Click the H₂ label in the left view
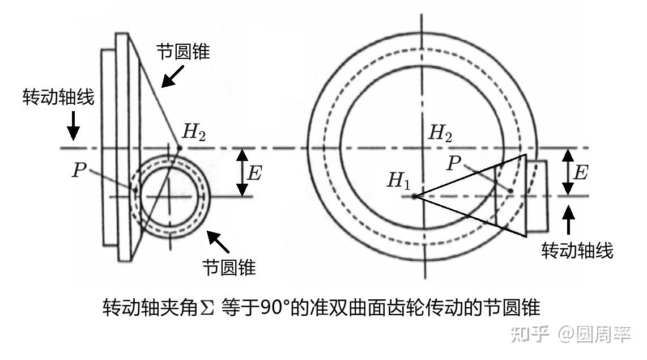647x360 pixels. click(194, 133)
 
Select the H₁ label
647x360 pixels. click(399, 181)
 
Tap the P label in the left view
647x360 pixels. click(78, 170)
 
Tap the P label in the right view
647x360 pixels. click(453, 163)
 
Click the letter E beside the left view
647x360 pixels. click(255, 173)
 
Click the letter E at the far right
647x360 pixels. click(580, 173)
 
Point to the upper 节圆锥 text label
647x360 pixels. click(183, 52)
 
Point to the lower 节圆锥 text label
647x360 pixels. click(229, 267)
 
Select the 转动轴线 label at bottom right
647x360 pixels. click(577, 250)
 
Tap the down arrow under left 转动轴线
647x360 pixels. click(73, 128)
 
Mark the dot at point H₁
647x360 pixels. click(415, 197)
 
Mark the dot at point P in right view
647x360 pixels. click(510, 191)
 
